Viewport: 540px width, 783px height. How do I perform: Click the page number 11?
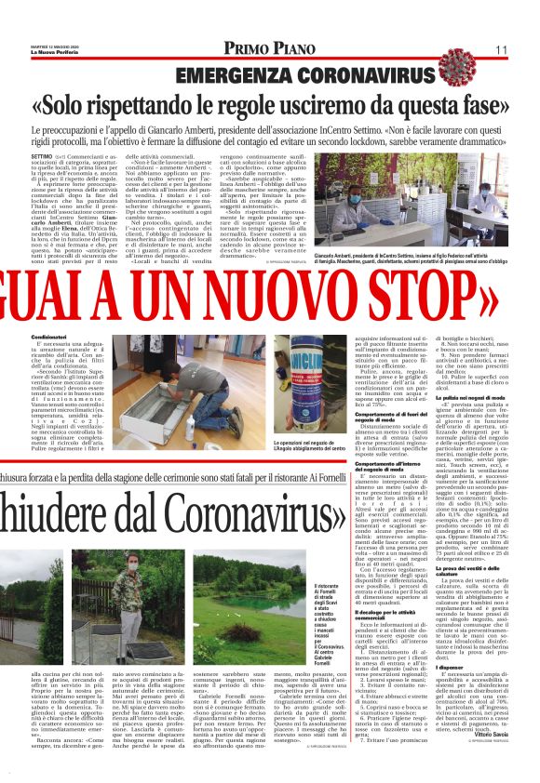[501, 48]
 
